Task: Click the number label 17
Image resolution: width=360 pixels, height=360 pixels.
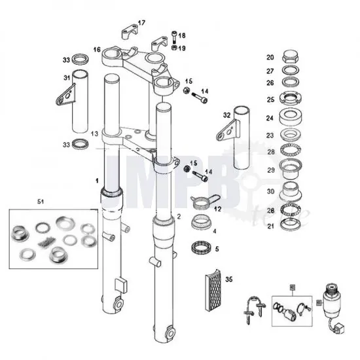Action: (x=141, y=23)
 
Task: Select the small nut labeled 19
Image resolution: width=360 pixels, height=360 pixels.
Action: (x=173, y=48)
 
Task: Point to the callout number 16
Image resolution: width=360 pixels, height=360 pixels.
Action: (x=97, y=50)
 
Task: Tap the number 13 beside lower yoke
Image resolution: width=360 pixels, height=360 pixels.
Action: (x=95, y=134)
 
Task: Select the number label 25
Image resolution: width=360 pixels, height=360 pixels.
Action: (x=270, y=99)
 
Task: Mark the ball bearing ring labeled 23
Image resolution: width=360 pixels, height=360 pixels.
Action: (x=289, y=136)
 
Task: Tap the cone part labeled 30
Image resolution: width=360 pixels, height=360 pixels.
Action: (x=289, y=192)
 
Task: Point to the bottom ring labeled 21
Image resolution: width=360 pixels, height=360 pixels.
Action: (x=289, y=226)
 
